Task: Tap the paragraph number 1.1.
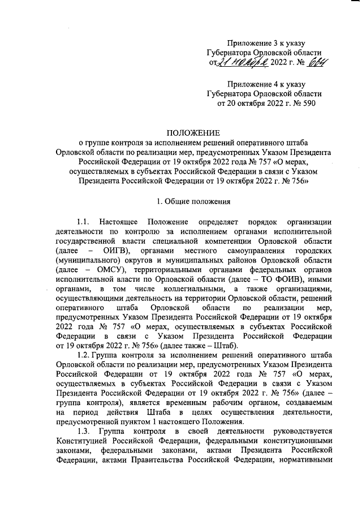(84, 221)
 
